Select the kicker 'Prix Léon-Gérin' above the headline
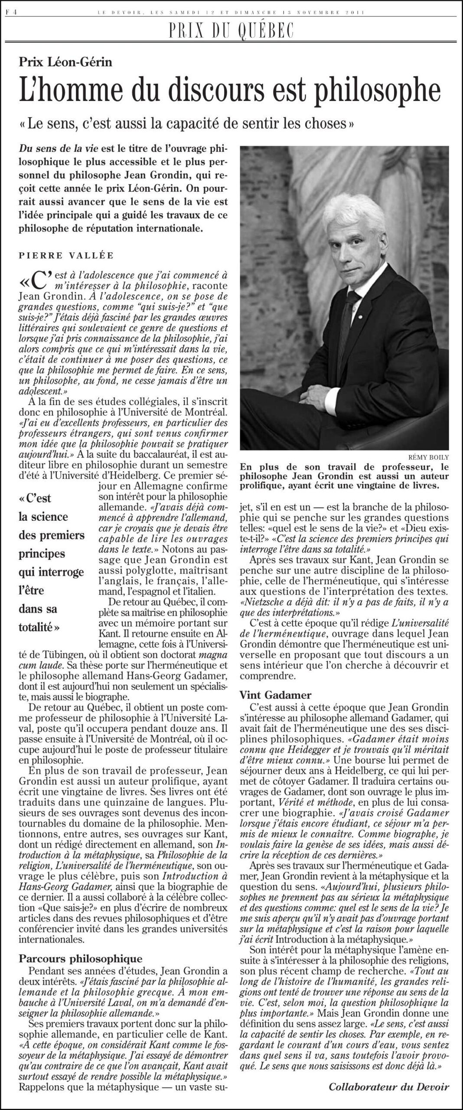pos(65,62)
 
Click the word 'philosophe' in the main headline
pos(370,91)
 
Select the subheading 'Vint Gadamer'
pos(275,695)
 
